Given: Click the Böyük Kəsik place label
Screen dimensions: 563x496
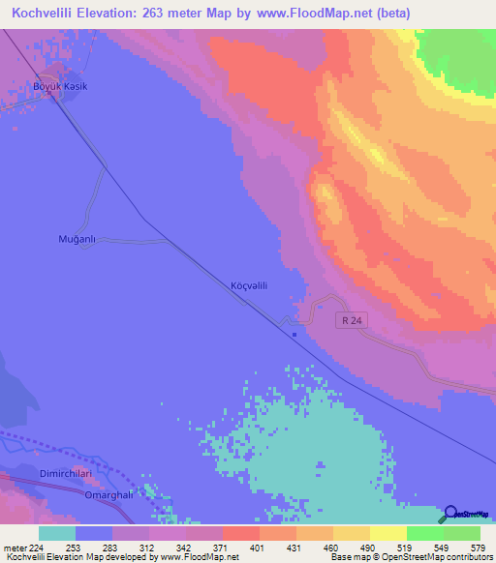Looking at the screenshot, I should coord(62,87).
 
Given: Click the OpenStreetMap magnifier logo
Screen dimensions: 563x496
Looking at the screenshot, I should coord(451,515).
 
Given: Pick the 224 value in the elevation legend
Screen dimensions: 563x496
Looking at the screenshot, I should coord(34,547).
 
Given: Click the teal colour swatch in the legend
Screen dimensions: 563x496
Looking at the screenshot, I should coord(57,533).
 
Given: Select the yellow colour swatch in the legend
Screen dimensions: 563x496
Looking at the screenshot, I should coord(388,533).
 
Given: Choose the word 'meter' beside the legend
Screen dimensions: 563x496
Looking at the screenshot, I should coord(12,547).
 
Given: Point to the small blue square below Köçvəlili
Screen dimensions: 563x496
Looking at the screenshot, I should coord(295,336).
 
